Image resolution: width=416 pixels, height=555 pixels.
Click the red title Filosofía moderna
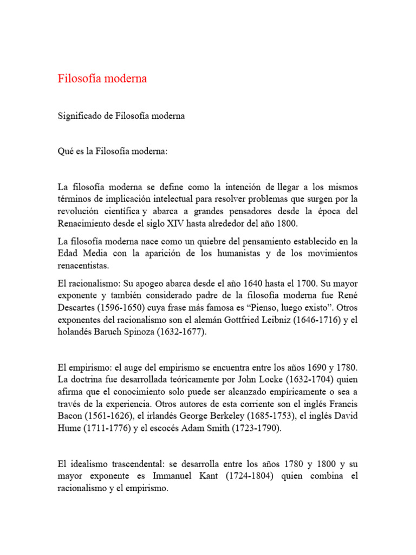pyautogui.click(x=102, y=79)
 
